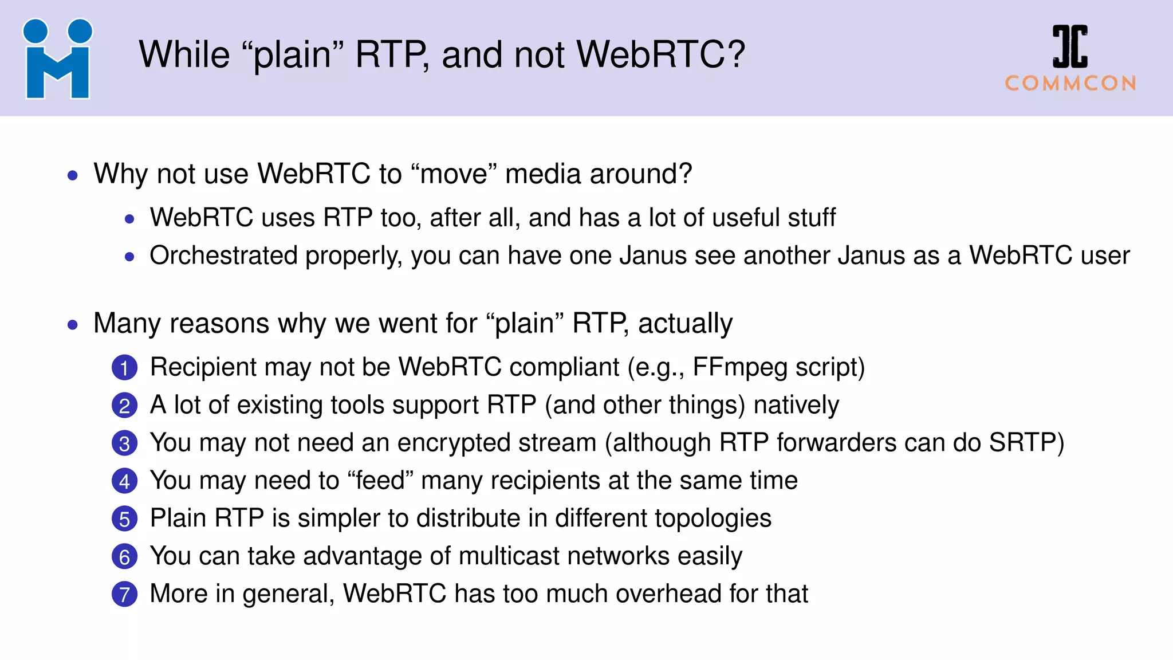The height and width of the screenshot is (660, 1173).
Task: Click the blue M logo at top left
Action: point(57,59)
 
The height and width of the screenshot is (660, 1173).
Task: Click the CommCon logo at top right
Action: point(1070,58)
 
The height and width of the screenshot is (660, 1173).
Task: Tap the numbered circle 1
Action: point(124,368)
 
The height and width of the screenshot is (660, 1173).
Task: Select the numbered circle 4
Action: point(124,481)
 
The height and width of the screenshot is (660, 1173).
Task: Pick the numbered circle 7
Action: point(124,595)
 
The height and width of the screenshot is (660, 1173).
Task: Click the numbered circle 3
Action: point(124,443)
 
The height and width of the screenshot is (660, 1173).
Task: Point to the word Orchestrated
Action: point(223,256)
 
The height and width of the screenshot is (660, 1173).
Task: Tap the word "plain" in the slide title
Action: point(293,55)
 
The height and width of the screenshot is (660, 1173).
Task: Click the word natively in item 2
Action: point(796,405)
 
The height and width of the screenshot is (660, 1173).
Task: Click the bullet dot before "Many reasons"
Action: point(72,325)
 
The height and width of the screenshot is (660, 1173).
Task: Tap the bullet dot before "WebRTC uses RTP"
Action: point(129,219)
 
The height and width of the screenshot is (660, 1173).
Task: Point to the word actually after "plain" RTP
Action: point(685,324)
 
